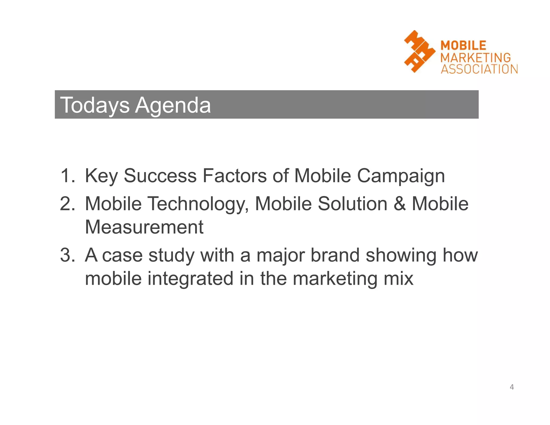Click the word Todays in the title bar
(x=95, y=105)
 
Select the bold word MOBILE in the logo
(x=463, y=45)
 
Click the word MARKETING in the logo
(x=476, y=57)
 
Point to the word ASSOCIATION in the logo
(x=479, y=69)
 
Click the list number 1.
(x=67, y=176)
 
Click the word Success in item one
(x=160, y=176)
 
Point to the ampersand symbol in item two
(x=400, y=203)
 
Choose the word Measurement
(x=144, y=227)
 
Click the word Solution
(x=353, y=203)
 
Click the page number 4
(x=512, y=387)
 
